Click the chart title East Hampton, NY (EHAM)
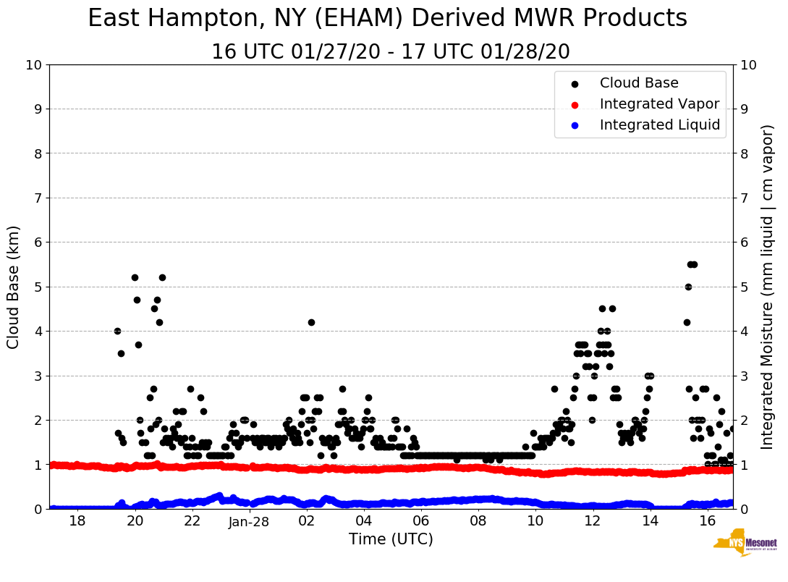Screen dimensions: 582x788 tap(387, 19)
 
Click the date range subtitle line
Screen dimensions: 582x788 tap(391, 52)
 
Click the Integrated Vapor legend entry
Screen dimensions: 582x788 tap(659, 104)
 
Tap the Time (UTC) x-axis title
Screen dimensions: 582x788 tap(391, 539)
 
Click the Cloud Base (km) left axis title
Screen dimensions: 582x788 tap(14, 287)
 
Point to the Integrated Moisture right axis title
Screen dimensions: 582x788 tap(768, 287)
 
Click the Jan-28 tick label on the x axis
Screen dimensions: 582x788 tap(249, 522)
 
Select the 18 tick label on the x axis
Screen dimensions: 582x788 tap(77, 522)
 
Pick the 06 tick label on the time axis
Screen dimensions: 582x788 tap(420, 522)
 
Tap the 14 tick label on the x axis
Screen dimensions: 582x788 tap(650, 522)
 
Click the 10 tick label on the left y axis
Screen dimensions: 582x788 tap(33, 65)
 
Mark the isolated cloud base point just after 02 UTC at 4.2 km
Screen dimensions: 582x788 tap(311, 322)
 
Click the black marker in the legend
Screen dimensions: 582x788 tap(575, 84)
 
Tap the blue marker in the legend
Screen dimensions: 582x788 tap(575, 125)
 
